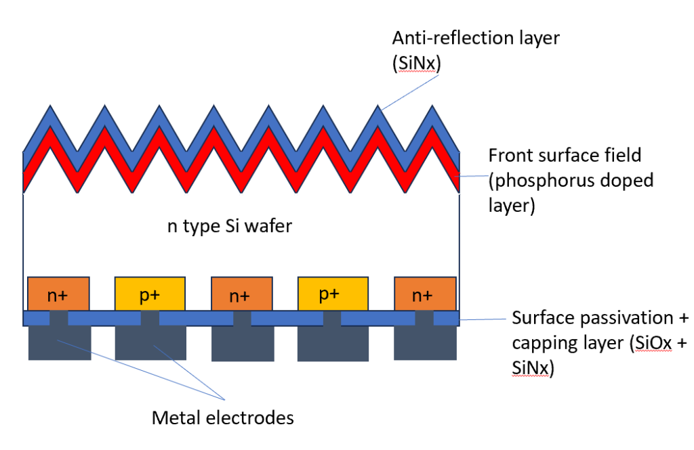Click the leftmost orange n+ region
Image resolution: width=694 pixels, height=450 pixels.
[58, 293]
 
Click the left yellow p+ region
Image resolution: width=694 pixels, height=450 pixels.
[150, 293]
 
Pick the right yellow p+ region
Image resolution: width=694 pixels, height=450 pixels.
[333, 293]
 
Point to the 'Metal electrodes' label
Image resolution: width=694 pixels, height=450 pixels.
[222, 418]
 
